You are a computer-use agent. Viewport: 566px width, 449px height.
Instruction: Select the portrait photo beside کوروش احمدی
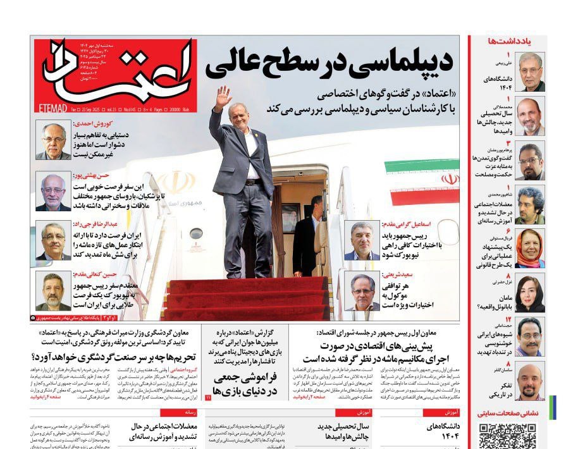[x=53, y=141]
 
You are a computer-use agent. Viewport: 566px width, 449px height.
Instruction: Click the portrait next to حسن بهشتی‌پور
[x=53, y=192]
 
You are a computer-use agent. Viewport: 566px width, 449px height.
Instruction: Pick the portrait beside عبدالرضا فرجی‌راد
[x=53, y=242]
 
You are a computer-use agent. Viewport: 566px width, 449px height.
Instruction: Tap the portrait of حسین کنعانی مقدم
[x=53, y=292]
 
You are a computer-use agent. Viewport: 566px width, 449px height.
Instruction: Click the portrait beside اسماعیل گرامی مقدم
[x=362, y=240]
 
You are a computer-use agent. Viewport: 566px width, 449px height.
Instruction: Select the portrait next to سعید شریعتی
[x=362, y=291]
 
